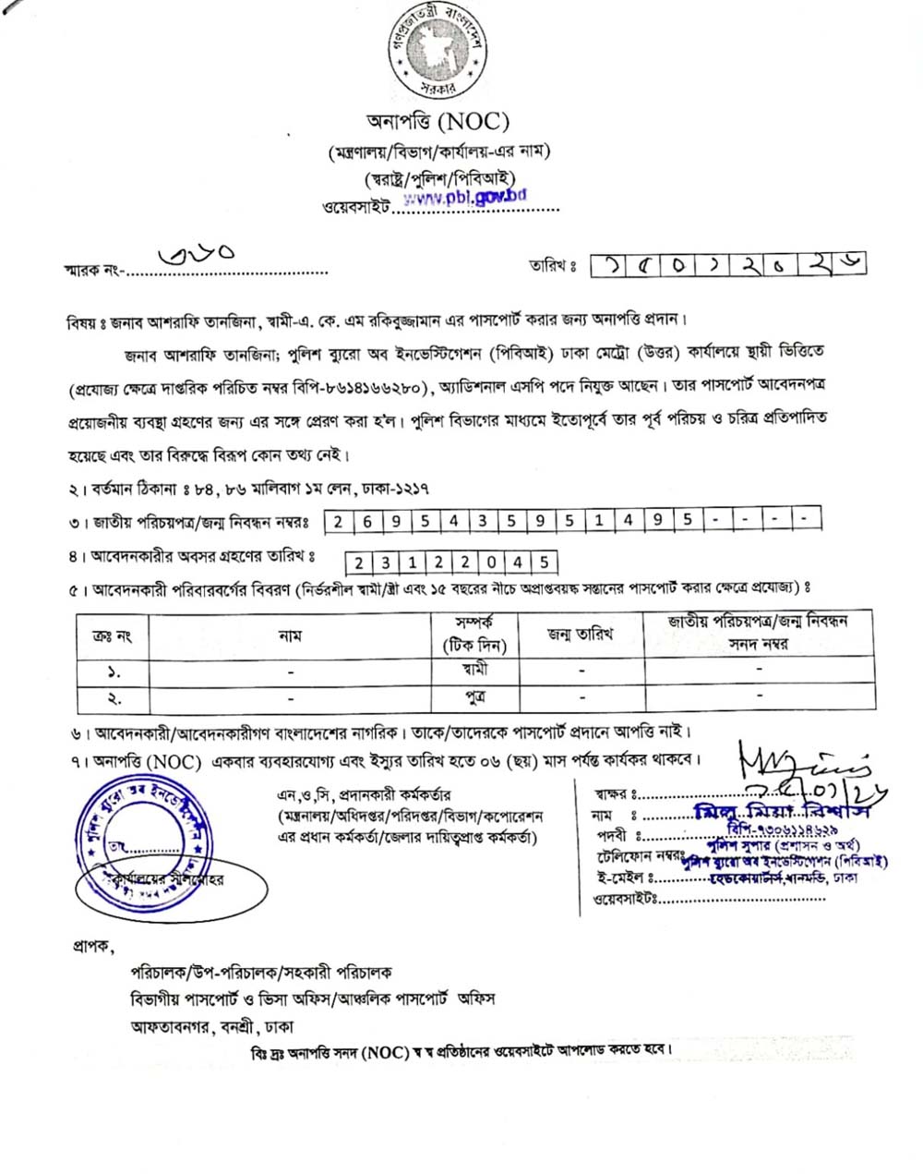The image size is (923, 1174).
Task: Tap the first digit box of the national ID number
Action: click(338, 521)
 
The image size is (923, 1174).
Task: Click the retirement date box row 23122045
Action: click(451, 562)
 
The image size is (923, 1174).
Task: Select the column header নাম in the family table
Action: click(290, 635)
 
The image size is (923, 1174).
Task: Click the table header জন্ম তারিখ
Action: click(580, 635)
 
